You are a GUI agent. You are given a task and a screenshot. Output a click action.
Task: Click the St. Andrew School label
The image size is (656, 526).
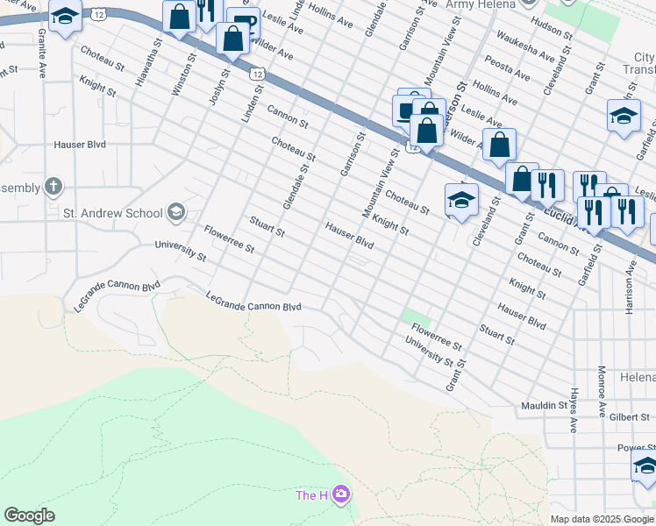coord(112,212)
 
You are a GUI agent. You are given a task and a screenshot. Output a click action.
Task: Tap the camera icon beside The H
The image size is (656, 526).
coord(340,495)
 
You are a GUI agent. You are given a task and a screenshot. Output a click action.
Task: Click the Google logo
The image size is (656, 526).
coord(29,515)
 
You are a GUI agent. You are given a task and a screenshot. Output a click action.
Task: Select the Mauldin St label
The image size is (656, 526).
coord(544,406)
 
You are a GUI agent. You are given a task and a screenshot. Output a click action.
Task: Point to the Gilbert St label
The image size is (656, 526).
coord(631,417)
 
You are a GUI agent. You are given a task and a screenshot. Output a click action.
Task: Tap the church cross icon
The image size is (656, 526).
coord(53,186)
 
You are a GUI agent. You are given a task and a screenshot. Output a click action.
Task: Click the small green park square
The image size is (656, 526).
coord(416,316)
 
